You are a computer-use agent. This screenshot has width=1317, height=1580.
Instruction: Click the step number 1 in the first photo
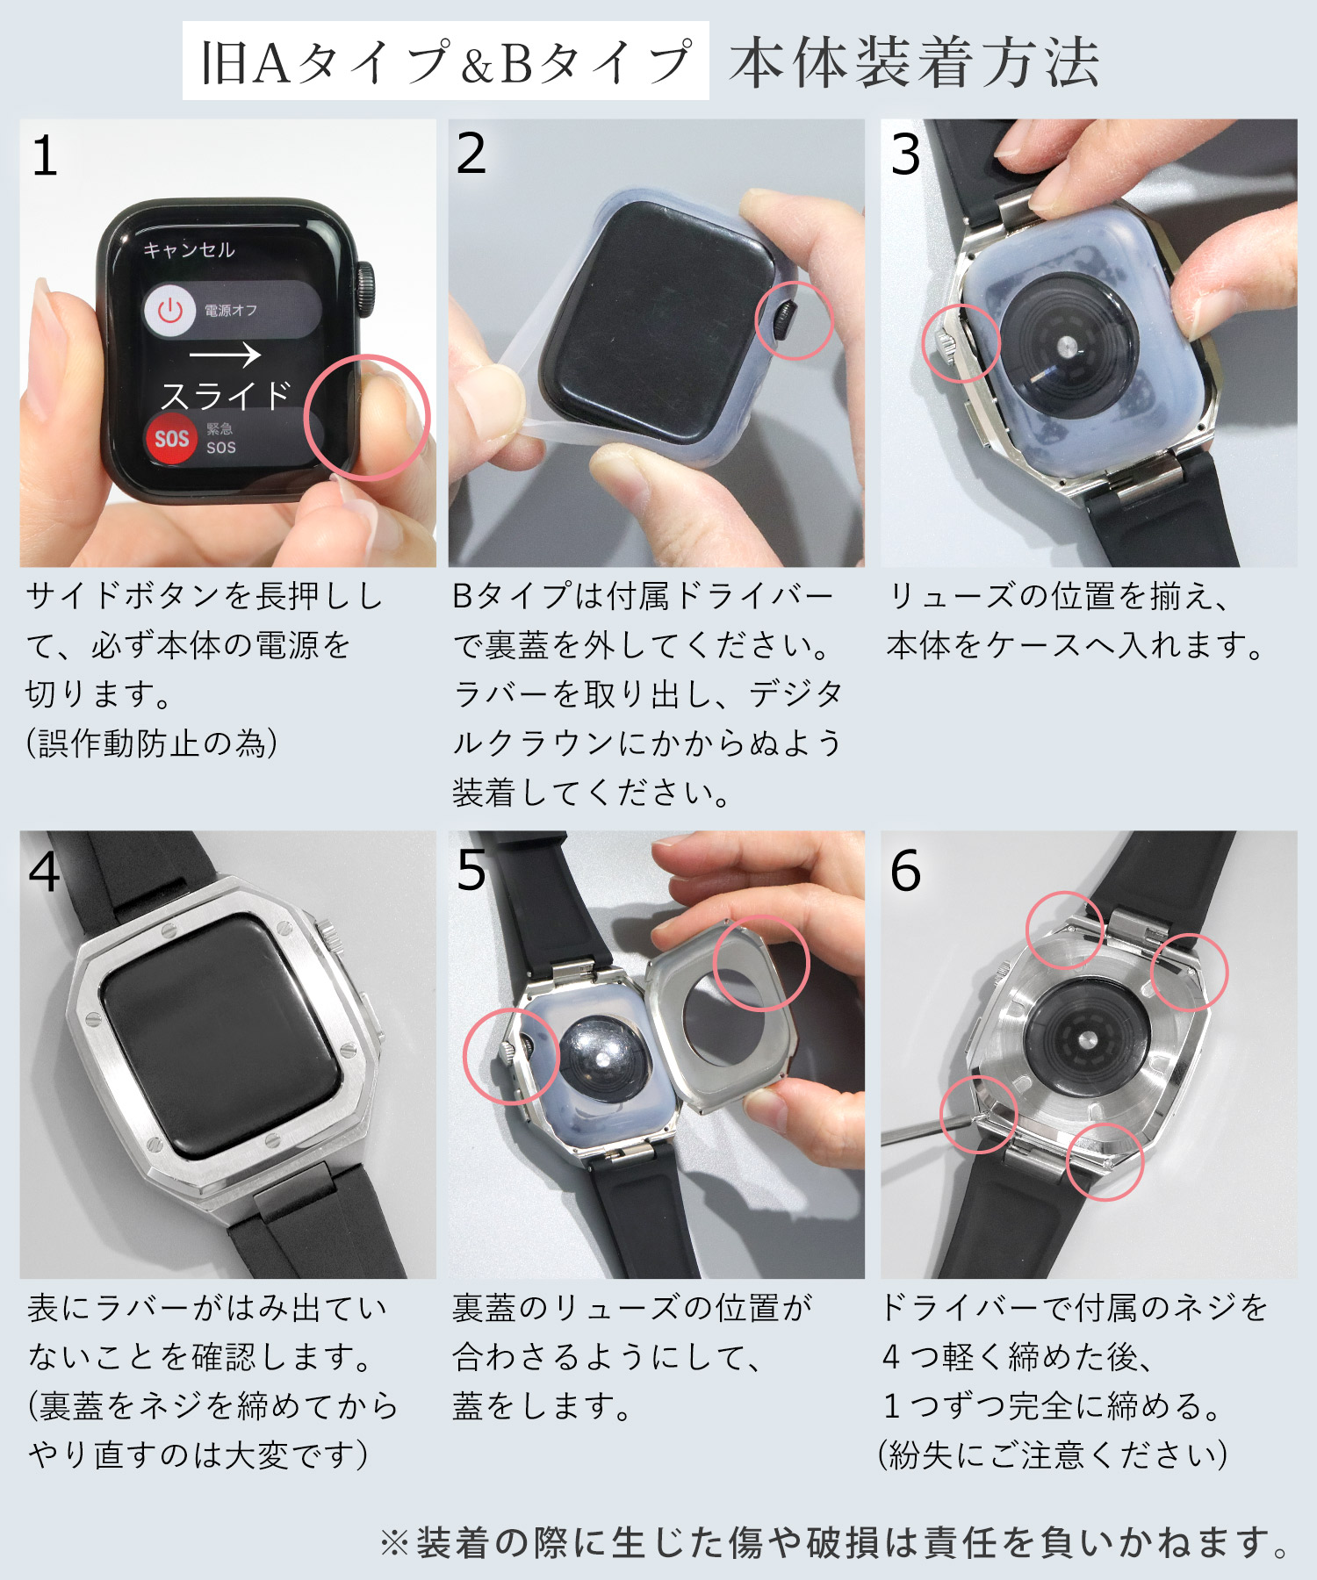(44, 158)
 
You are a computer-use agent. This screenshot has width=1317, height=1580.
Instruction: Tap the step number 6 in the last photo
(905, 871)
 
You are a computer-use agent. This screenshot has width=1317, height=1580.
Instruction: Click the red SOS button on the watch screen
(171, 438)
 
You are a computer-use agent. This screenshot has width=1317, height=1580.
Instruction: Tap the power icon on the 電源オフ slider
(169, 310)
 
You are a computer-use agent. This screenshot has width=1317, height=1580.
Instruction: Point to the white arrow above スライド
(225, 355)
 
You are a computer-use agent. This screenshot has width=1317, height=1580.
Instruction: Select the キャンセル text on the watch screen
(189, 250)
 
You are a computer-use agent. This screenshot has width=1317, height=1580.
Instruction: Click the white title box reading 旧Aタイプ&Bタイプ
(445, 61)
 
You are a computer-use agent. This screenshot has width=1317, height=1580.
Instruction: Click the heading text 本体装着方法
(914, 63)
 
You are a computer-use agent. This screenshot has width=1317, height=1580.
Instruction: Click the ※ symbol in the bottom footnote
(393, 1543)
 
